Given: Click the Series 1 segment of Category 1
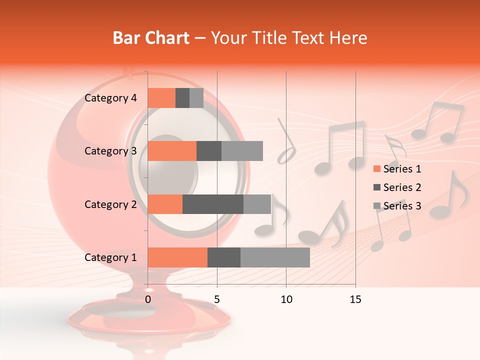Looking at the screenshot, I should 177,257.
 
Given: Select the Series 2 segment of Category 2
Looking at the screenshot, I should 213,204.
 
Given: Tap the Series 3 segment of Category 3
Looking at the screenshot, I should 242,151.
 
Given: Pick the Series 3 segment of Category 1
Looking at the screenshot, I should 275,257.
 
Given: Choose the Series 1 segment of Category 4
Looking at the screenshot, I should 161,98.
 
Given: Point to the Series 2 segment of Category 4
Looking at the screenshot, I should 182,98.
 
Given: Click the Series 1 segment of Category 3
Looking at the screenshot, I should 172,151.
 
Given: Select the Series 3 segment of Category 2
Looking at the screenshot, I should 257,204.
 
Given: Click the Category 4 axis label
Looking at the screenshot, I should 110,98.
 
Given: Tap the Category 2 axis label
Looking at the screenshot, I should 110,204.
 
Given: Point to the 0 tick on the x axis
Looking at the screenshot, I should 148,299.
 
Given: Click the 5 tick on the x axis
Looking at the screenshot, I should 217,299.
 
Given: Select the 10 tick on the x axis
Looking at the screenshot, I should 286,299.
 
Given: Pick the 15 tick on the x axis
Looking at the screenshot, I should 355,299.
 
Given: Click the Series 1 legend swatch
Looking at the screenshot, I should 376,169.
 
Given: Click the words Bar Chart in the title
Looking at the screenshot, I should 150,38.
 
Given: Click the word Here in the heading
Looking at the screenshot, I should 348,38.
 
